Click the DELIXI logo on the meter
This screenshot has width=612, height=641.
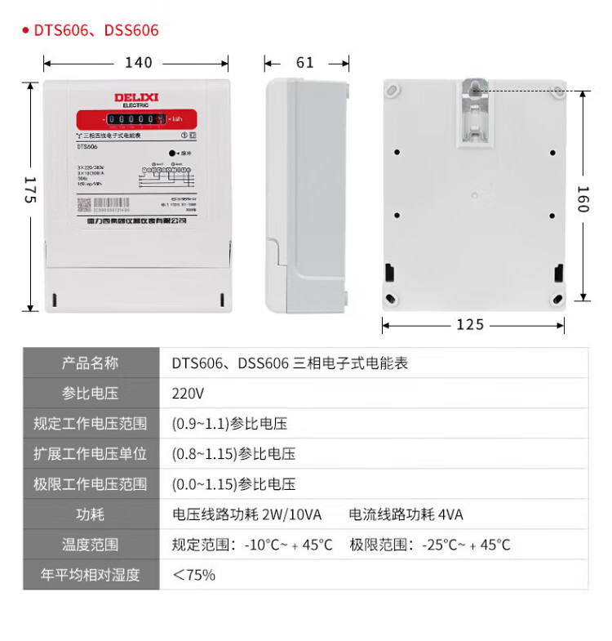[x=135, y=98]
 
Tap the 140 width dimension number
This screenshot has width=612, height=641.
[x=138, y=63]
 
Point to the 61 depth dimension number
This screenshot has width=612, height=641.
[x=305, y=63]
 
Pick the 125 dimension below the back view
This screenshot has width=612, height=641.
[x=470, y=325]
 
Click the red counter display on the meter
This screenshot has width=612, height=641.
[x=135, y=119]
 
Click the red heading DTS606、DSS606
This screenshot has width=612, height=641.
[x=96, y=30]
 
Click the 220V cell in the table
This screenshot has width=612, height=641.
[x=188, y=394]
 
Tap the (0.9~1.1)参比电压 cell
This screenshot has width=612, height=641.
[x=229, y=424]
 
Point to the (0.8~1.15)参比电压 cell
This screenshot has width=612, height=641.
[x=233, y=454]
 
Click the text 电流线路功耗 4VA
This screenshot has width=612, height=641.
[x=406, y=514]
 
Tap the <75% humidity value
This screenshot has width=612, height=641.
[x=193, y=575]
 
